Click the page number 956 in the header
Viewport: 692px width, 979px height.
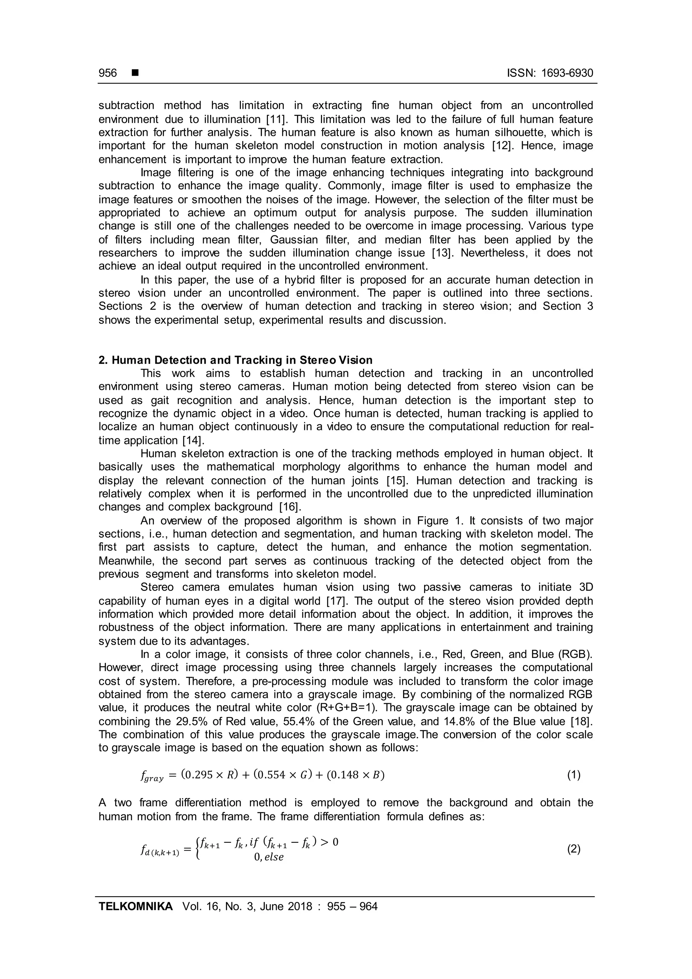tap(107, 73)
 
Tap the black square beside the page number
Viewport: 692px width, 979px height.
tap(135, 73)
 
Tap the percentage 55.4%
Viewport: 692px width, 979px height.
tap(273, 721)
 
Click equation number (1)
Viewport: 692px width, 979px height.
tap(573, 775)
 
